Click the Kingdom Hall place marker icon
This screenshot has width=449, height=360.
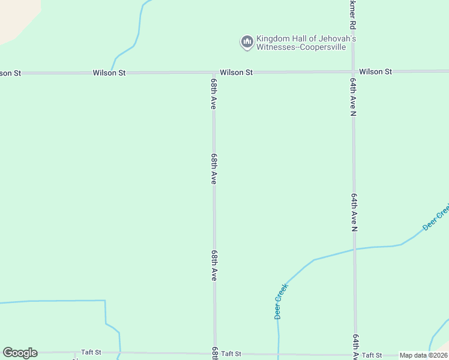(247, 41)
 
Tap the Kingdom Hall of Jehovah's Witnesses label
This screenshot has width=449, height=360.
(306, 43)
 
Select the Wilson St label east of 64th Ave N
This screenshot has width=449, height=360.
(375, 71)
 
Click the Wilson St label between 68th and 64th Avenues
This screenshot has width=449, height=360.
(236, 72)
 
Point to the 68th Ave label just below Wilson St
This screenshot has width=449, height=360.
(213, 92)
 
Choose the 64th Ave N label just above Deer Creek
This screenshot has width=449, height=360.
(354, 212)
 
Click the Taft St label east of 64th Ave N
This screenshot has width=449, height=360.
(372, 355)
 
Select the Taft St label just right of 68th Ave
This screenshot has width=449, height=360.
(231, 354)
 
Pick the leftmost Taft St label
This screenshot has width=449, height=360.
(91, 352)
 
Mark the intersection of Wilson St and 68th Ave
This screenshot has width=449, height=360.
(214, 73)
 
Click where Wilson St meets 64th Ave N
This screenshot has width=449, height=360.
(354, 71)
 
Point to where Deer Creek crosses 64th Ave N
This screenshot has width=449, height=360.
(354, 248)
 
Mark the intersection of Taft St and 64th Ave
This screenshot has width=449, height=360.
(355, 354)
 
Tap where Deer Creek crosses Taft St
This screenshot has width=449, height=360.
(278, 354)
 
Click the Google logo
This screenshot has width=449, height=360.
(20, 353)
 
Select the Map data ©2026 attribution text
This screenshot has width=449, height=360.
(423, 355)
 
